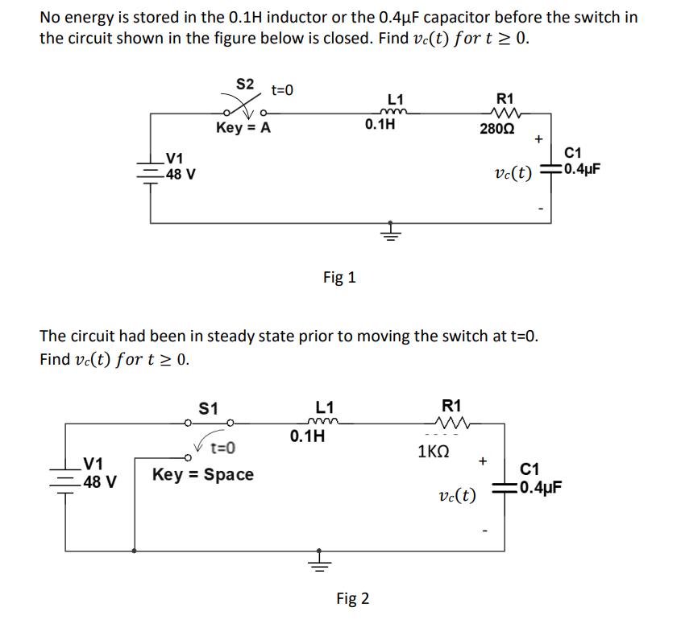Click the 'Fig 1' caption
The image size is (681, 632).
coord(339,278)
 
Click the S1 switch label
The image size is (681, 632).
coord(208,407)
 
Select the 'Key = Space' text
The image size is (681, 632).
coord(202,474)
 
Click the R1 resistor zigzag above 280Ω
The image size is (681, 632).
coord(509,112)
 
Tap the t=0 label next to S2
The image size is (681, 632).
coord(282,90)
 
